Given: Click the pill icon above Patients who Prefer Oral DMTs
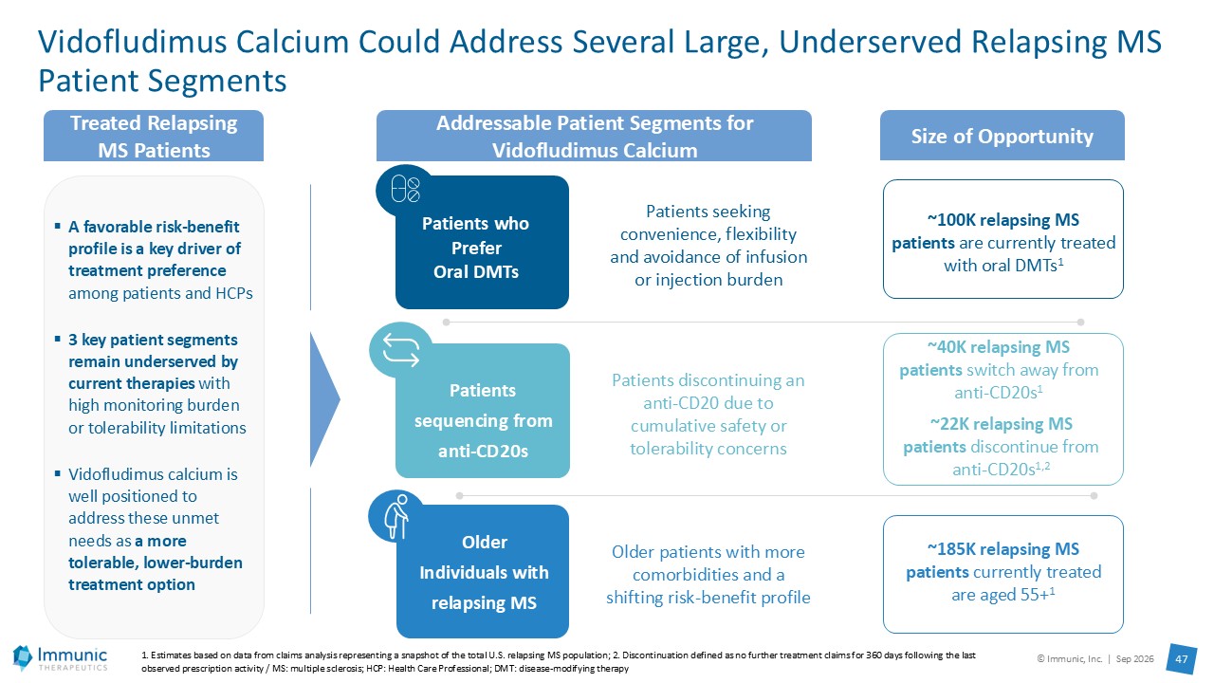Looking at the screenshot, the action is (405, 189).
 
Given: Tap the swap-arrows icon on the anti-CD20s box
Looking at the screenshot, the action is (401, 350).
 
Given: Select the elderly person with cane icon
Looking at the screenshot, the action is (397, 517).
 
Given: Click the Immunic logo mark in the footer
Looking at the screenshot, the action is (22, 657).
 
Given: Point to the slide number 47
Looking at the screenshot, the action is (1181, 659).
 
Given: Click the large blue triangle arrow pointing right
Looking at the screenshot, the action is (324, 399).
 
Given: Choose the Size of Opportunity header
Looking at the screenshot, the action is (1002, 136).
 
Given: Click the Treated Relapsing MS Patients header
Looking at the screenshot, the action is (154, 137).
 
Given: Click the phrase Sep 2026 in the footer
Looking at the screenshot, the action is (1134, 658).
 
